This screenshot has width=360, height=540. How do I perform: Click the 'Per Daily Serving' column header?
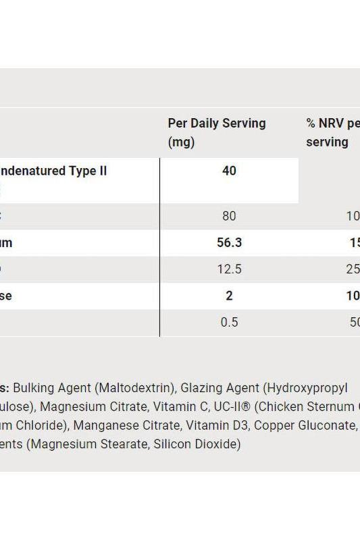(x=216, y=124)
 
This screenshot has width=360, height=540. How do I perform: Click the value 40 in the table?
(x=229, y=171)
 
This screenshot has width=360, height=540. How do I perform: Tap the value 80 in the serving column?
(x=229, y=216)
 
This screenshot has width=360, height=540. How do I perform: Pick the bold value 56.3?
(x=229, y=243)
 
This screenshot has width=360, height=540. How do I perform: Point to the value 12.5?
(x=229, y=269)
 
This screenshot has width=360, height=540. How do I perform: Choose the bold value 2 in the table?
(x=229, y=296)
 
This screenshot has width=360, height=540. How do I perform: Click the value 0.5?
(x=229, y=322)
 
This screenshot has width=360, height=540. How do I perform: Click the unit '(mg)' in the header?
(x=181, y=142)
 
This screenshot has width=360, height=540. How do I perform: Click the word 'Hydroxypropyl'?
(x=307, y=388)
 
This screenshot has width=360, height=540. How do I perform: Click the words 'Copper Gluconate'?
(x=304, y=426)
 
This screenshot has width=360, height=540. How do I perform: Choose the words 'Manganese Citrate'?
(x=119, y=426)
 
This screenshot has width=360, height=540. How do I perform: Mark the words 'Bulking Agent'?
(x=51, y=388)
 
